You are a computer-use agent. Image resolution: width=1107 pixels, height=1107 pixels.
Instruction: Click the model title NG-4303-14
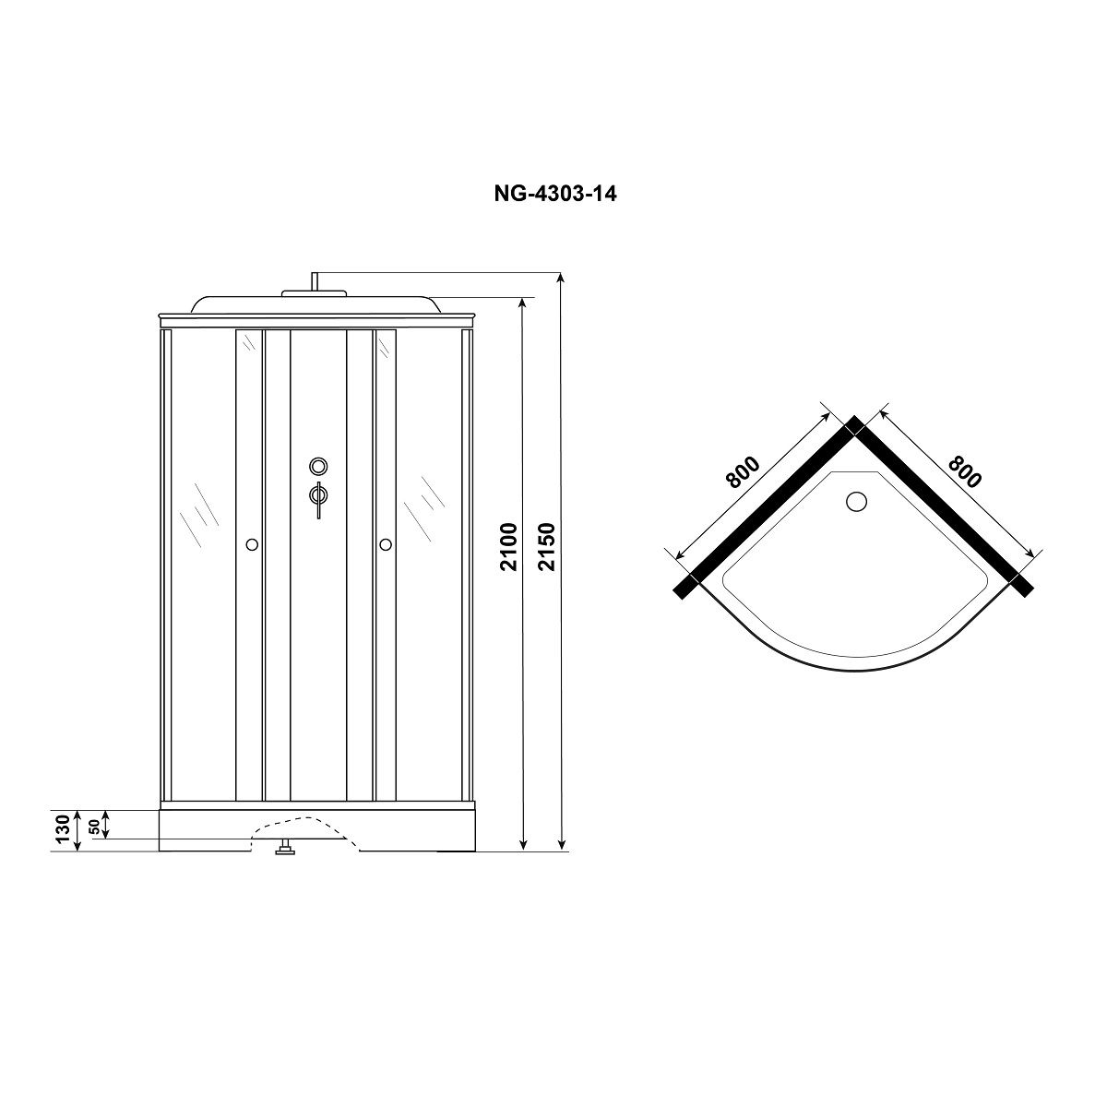tap(555, 194)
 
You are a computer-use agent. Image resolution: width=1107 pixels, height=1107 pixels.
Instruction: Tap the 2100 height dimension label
tap(509, 546)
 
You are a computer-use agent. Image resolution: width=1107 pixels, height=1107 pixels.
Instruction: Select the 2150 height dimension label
tap(547, 546)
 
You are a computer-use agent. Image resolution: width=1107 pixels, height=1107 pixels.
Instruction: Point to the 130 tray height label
tap(63, 828)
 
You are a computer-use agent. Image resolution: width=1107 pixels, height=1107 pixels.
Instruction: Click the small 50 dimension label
tap(94, 826)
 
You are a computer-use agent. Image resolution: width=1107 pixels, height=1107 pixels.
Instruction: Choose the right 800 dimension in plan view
tap(965, 471)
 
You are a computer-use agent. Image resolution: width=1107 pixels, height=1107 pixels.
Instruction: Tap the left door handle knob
tap(252, 544)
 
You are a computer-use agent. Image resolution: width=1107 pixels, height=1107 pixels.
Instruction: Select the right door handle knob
tap(386, 544)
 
